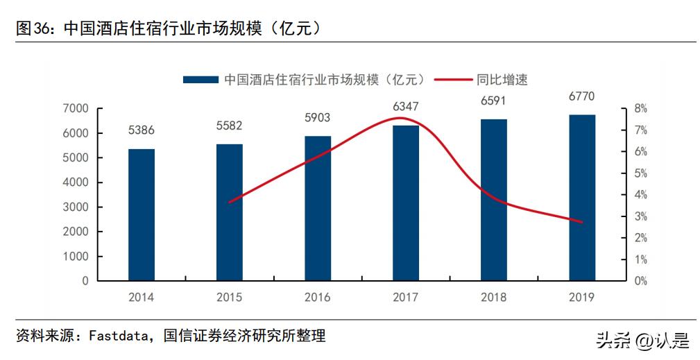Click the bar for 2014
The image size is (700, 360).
click(x=142, y=215)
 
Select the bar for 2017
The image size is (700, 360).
click(x=406, y=203)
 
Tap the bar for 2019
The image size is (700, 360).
click(x=582, y=198)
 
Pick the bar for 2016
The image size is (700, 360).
click(x=318, y=208)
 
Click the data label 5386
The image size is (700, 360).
click(x=142, y=130)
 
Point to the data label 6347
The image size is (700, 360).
click(x=406, y=106)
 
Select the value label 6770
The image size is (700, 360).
click(x=581, y=96)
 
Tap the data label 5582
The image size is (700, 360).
click(x=230, y=126)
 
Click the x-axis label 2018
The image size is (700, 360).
click(x=493, y=298)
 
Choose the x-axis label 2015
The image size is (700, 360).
click(x=230, y=298)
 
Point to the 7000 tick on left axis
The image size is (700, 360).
click(x=76, y=109)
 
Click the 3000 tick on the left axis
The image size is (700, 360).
click(x=76, y=207)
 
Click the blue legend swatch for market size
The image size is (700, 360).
click(x=200, y=80)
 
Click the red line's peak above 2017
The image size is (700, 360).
click(x=400, y=118)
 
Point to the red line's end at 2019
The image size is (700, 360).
click(x=581, y=222)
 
